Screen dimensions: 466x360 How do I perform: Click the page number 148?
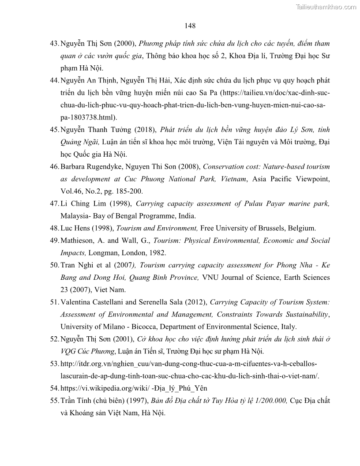click(190, 26)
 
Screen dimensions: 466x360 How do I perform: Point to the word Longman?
click(103, 253)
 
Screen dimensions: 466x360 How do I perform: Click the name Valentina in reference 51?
click(78, 302)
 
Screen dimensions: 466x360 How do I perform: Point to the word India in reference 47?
click(187, 216)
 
